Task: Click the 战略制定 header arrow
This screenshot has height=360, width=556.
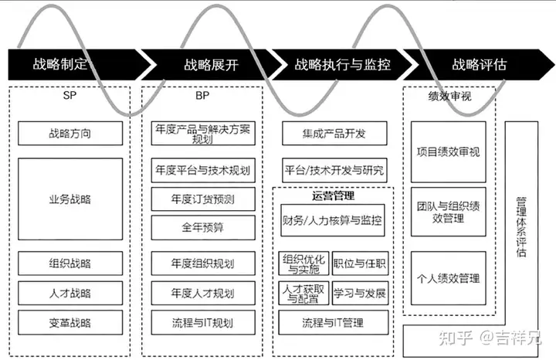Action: coord(66,65)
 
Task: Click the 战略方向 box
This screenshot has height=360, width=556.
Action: coord(70,132)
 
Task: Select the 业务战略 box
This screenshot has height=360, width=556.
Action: coord(70,199)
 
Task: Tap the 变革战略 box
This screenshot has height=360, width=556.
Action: coord(70,322)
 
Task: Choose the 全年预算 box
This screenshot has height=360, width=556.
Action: coord(203,228)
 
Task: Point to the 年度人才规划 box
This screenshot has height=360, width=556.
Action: coord(203,293)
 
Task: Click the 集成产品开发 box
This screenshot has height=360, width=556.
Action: coord(334,134)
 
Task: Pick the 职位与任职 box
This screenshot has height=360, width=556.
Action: coord(360,263)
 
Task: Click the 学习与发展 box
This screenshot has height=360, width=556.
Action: coord(360,294)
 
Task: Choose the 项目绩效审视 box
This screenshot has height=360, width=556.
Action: coord(448,152)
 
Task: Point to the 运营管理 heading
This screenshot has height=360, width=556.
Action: coord(333,196)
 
